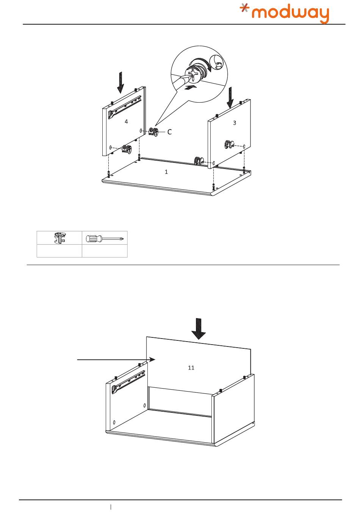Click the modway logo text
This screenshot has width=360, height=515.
(290, 14)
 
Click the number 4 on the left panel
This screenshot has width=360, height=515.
(126, 122)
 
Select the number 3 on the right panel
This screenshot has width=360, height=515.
(235, 123)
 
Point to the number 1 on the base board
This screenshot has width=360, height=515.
(166, 172)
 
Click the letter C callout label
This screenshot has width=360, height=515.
(169, 132)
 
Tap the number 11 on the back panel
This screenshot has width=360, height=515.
(191, 368)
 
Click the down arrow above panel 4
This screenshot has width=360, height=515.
(120, 82)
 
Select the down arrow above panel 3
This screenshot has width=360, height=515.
(230, 97)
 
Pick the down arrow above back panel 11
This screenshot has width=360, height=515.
(199, 329)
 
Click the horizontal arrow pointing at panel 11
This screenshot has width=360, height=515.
(116, 359)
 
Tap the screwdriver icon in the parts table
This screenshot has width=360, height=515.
(105, 239)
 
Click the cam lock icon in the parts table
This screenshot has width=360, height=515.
(60, 238)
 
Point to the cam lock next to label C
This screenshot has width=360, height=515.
(153, 131)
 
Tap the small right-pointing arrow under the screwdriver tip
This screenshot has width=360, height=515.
(191, 87)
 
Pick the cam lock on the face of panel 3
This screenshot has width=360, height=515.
(229, 144)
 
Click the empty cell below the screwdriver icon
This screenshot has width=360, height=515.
(105, 251)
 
